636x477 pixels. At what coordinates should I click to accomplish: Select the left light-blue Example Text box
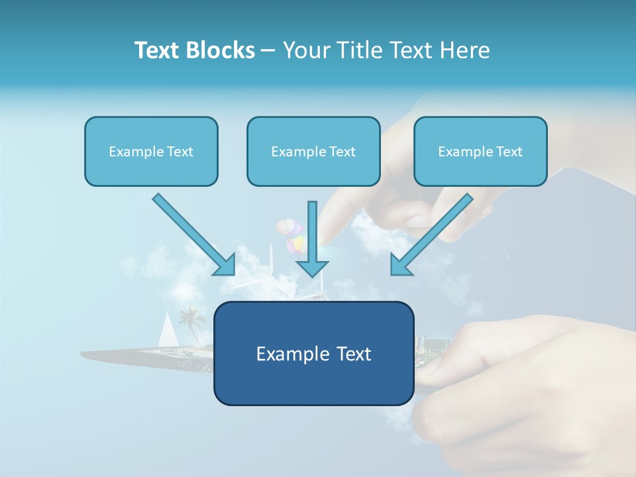pos(151,151)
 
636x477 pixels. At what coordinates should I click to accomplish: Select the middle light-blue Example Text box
pos(313,151)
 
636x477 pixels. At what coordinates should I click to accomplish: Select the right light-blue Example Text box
pos(480,151)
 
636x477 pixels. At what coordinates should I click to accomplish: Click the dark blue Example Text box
pos(313,353)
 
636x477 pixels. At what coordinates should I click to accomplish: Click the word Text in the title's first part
pos(157,50)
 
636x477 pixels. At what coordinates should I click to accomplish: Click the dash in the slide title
pos(268,51)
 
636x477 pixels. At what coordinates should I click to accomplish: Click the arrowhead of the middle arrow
pos(312,268)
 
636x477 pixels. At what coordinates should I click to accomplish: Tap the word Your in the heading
pos(305,50)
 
